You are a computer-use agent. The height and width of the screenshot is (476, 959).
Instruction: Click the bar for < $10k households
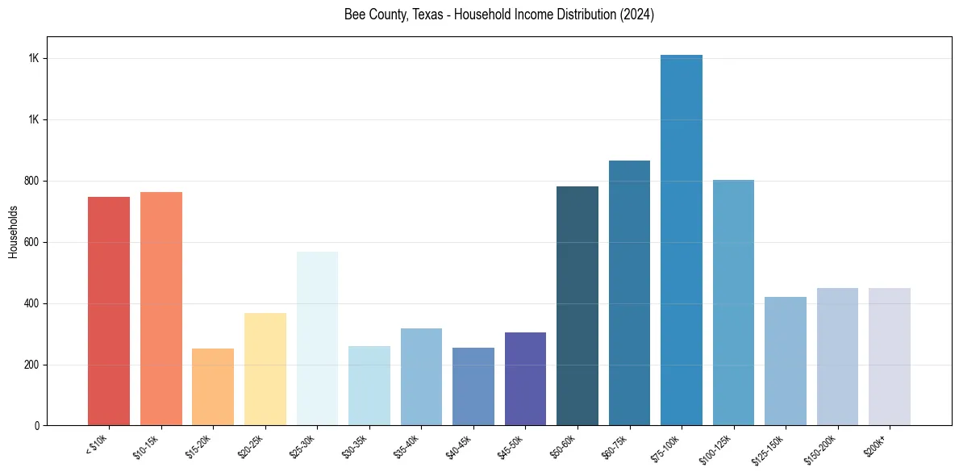tap(109, 311)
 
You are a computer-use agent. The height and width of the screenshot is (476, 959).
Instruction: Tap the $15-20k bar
tap(213, 386)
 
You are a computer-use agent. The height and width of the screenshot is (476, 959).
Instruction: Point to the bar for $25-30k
tap(317, 338)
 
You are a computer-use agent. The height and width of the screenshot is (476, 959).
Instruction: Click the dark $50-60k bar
tap(577, 306)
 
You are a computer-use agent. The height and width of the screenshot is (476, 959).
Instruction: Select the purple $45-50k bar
tap(525, 378)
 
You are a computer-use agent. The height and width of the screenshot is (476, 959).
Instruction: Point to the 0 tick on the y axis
tap(37, 426)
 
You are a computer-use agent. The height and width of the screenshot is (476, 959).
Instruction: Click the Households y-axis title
tap(13, 232)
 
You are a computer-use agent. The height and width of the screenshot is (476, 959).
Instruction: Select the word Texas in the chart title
tap(416, 15)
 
